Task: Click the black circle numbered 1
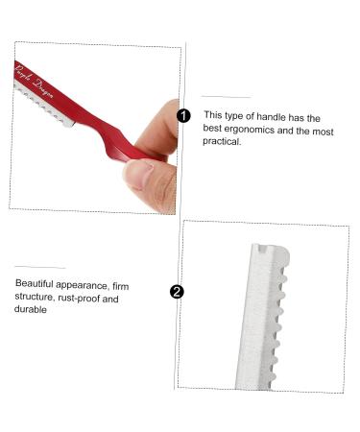point(183,115)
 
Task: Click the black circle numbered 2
point(177,293)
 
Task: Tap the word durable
point(32,312)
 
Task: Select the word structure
point(36,299)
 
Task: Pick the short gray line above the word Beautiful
point(39,268)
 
